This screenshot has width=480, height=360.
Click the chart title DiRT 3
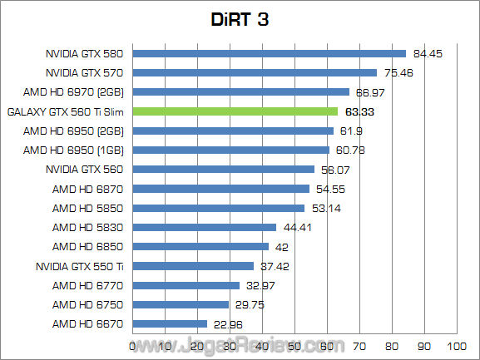pos(240,18)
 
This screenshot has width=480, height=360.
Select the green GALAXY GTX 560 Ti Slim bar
pos(235,111)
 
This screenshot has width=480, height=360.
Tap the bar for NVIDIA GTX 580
pos(269,54)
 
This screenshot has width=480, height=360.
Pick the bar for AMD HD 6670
pos(170,323)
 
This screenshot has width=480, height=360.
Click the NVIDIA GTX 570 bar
pos(255,73)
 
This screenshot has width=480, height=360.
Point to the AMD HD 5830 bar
pos(204,227)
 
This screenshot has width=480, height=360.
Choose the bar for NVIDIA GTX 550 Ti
pos(193,266)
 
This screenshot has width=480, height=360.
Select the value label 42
pos(283,246)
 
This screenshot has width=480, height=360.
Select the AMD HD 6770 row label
pos(87,285)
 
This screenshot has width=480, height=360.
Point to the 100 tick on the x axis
pos(455,345)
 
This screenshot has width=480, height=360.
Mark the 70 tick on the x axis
pos(359,345)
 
